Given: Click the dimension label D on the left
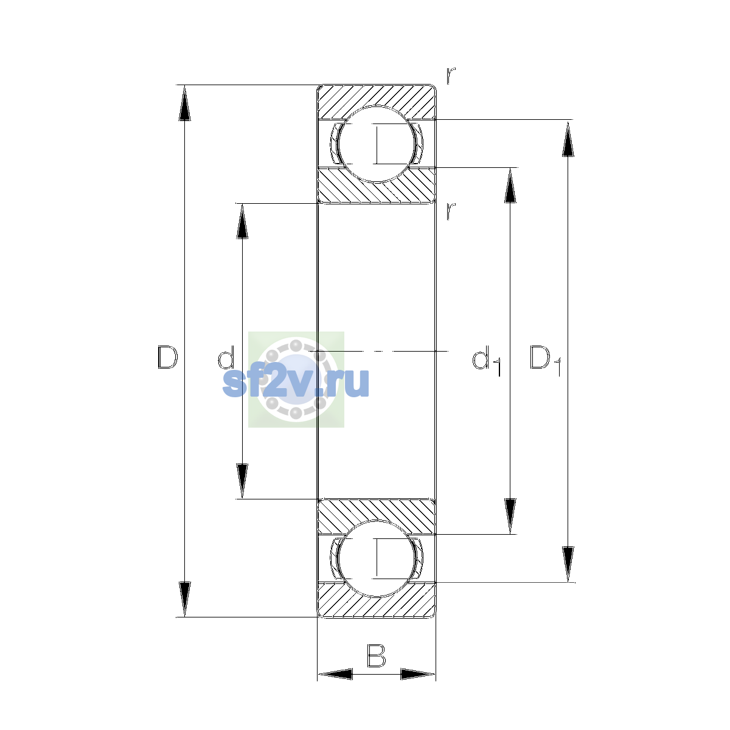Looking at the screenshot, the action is [x=167, y=357].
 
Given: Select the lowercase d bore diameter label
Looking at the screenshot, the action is [x=226, y=357].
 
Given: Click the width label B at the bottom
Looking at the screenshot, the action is [x=376, y=655].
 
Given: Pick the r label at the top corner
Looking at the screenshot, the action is [x=450, y=75].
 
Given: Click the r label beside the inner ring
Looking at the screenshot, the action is [x=450, y=211].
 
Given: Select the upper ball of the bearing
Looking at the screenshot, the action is [x=376, y=144].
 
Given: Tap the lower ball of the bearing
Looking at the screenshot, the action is [x=376, y=559].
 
